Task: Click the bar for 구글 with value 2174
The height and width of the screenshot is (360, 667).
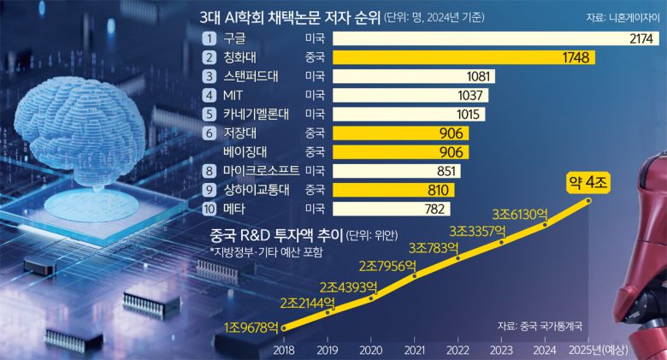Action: [496, 38]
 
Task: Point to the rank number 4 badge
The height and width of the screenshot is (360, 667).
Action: [209, 95]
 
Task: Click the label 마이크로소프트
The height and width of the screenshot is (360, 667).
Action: [262, 170]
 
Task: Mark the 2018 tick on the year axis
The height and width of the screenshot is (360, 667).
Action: [285, 350]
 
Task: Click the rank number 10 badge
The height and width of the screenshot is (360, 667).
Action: [209, 208]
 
